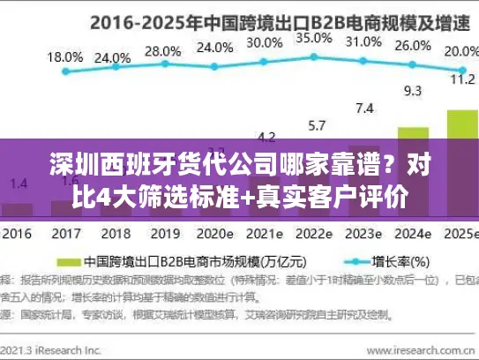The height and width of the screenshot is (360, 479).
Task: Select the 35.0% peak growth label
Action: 314,38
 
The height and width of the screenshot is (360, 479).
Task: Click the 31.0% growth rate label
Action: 363,41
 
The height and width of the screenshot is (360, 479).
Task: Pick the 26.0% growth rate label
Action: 412,46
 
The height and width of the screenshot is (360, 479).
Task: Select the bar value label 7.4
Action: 363,108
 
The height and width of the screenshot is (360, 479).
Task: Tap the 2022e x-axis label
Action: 312,236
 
